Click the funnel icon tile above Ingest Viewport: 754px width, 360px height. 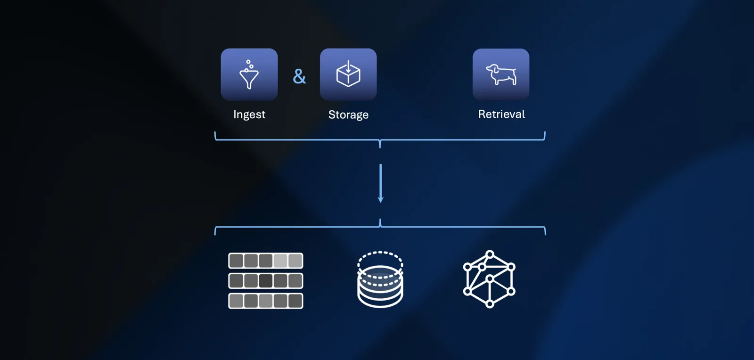(249, 74)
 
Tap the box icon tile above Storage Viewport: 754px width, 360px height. (348, 74)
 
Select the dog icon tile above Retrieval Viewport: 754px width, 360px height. (501, 74)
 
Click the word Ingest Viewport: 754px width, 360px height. (249, 115)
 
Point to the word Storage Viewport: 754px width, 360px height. (348, 115)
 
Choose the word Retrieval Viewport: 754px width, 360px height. (501, 114)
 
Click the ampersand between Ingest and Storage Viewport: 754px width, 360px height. (299, 76)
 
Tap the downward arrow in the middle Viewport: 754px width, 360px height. (381, 184)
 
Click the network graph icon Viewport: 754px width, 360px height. (490, 279)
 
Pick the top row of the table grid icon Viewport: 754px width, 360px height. (266, 261)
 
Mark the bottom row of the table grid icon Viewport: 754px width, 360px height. (266, 301)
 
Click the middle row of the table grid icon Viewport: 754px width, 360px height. (266, 281)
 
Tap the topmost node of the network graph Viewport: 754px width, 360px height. (490, 254)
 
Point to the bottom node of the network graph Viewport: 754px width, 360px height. (490, 304)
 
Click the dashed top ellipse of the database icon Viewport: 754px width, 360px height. (380, 259)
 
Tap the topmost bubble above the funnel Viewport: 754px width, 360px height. (248, 62)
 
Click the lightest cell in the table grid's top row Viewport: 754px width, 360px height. (280, 261)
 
